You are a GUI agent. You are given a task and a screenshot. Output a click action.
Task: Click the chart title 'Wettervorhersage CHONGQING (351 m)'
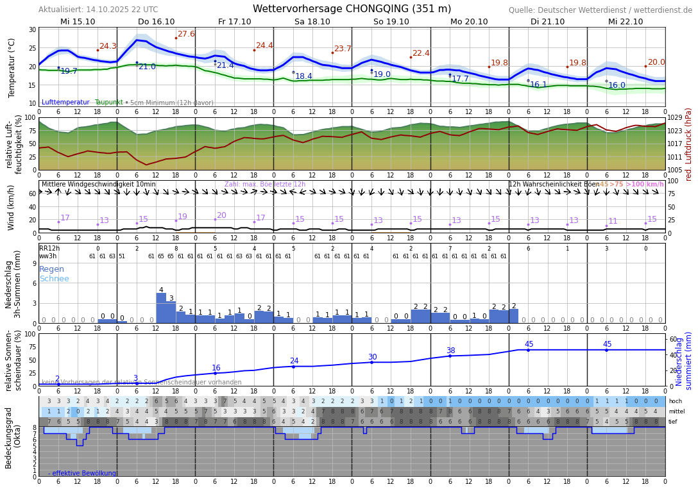352,9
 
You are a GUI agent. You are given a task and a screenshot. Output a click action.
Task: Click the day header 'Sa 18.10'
312,22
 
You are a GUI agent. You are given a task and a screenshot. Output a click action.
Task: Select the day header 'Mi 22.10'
626,22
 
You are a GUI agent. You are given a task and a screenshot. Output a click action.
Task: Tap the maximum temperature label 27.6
186,34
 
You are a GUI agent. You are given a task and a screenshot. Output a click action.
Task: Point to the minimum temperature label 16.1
538,85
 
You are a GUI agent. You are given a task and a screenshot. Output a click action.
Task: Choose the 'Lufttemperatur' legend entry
65,103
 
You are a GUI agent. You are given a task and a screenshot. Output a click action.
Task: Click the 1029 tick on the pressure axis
675,118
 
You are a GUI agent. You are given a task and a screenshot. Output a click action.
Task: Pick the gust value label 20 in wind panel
221,215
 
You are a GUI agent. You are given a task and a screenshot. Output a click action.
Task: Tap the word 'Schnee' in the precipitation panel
54,279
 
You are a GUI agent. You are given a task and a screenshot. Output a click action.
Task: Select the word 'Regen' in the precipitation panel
52,269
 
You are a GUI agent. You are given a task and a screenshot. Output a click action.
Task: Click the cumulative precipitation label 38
450,351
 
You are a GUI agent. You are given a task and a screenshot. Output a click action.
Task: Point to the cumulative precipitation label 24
294,361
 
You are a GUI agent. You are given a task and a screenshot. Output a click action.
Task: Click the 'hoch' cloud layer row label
675,401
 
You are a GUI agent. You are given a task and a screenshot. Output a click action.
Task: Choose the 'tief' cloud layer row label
674,422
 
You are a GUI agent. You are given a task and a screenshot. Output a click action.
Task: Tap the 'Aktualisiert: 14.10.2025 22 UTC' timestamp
98,10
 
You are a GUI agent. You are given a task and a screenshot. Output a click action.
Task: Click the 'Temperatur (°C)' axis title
12,67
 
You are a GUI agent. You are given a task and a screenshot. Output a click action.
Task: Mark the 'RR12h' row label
49,249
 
